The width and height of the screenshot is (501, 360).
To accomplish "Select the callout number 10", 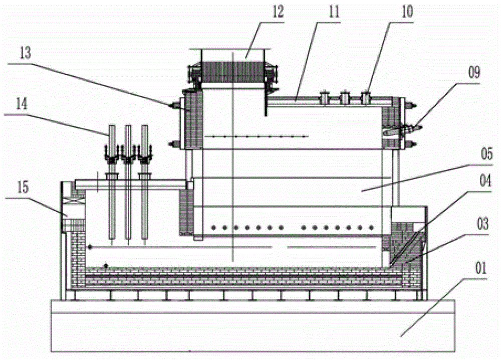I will [x=407, y=13].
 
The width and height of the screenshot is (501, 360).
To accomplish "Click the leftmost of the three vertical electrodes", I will [x=110, y=201].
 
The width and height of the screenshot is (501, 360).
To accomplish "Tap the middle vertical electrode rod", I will [x=127, y=201].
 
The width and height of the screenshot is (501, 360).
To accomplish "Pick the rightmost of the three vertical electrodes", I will [x=145, y=201].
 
